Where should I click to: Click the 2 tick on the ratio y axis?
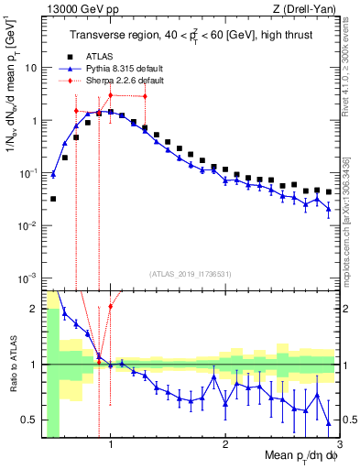click(x=35, y=309)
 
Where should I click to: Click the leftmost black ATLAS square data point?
click(x=53, y=199)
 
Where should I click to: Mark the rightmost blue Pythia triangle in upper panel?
click(x=329, y=209)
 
